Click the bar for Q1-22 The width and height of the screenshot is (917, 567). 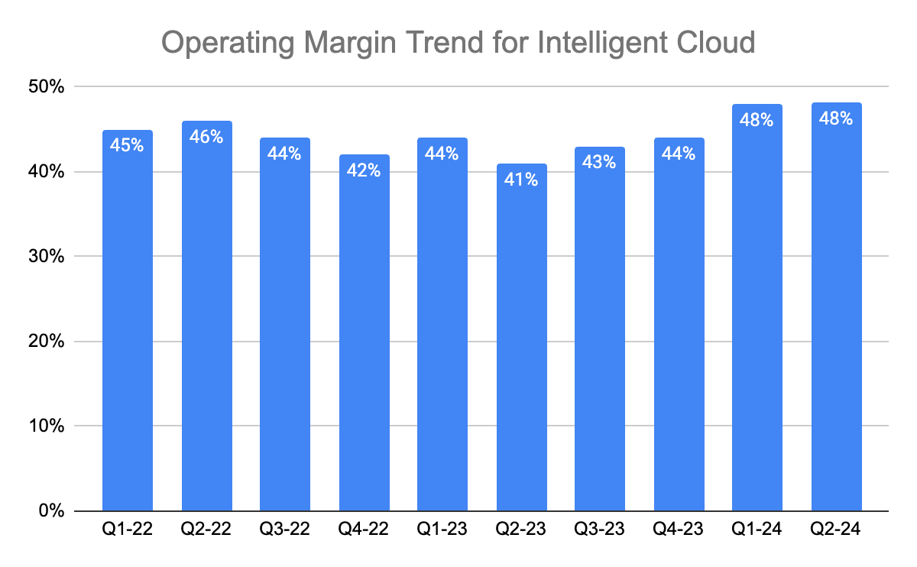point(127,321)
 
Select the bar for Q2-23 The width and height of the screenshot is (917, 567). point(521,336)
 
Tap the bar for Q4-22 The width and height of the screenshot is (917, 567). point(364,332)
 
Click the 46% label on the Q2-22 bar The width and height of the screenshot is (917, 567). point(206,137)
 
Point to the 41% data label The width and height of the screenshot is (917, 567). point(521,180)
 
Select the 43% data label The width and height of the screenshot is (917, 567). point(600,163)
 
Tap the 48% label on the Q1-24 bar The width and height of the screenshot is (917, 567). point(757,120)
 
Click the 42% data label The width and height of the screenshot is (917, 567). point(364,170)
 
